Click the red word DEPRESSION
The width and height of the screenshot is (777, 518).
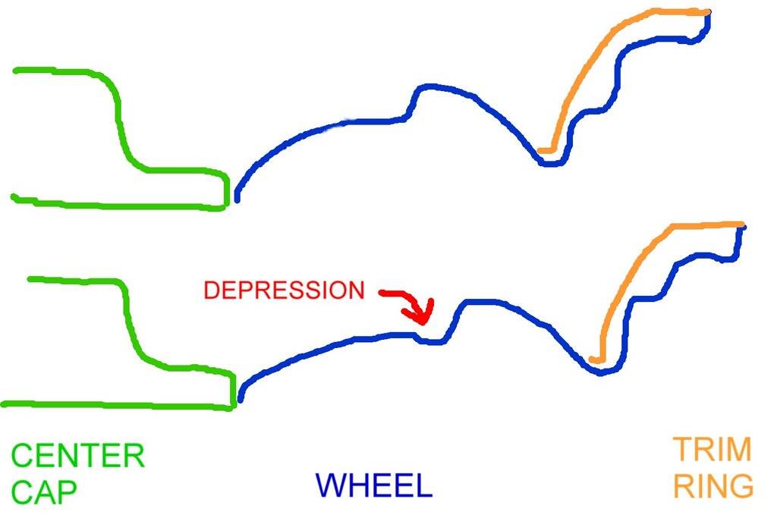[284, 290]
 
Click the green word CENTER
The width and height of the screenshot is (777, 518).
[77, 457]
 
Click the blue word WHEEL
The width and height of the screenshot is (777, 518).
[373, 485]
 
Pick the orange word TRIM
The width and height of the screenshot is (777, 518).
[712, 451]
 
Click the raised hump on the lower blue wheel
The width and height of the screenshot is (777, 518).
[478, 303]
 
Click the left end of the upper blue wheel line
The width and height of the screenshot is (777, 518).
[238, 199]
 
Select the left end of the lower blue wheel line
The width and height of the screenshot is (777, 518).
[241, 399]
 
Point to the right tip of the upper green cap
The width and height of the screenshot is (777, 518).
[226, 190]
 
